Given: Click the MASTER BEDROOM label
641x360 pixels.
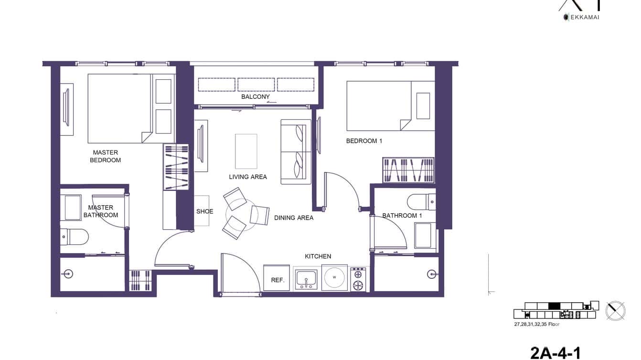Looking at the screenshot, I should point(106,156).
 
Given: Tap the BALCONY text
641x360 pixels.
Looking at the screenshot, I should point(256,97).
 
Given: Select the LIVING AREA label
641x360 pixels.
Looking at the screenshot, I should point(248,177).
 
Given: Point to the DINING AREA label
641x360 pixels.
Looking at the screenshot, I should point(294,218).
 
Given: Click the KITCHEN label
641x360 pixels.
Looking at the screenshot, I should point(318,256).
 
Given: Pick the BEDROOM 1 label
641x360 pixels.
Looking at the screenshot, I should point(364,141).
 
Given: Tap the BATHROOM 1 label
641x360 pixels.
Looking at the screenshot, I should point(402,215).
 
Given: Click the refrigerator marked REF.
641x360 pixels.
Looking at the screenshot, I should point(278,278).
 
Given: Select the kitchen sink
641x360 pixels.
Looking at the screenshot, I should point(306,278).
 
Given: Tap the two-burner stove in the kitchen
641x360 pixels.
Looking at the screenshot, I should point(358,279).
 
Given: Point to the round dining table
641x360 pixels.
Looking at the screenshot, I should point(241,211).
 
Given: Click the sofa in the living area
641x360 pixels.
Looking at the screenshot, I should point(296,151).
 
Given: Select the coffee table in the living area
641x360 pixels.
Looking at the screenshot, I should point(246,151).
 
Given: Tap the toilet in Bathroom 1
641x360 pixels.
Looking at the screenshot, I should point(422,201).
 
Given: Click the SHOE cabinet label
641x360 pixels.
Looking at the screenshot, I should point(205,211).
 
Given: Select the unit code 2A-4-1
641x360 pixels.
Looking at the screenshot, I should point(555,353).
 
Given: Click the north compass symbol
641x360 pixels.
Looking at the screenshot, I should point(615,310).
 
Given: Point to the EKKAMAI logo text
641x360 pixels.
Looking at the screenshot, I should point(584,17).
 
